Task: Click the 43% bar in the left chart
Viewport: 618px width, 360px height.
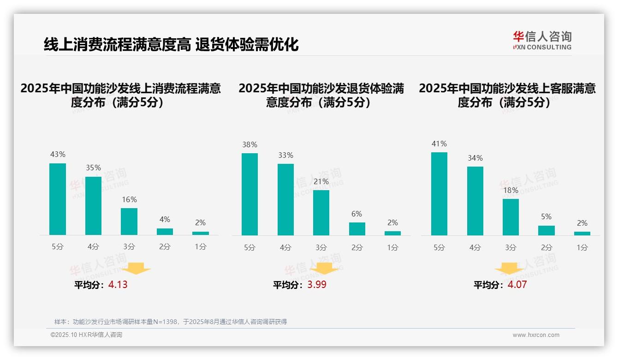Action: pos(58,199)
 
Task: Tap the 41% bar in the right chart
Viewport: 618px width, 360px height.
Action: pos(439,194)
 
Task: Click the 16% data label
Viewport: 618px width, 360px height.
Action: pos(129,200)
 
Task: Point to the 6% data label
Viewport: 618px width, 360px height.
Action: pos(357,214)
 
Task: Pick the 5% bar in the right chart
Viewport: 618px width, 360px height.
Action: pos(547,230)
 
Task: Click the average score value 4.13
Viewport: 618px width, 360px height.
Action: pos(118,285)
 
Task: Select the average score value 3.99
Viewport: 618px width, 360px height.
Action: pos(317,285)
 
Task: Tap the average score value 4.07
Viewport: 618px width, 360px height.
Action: pos(517,285)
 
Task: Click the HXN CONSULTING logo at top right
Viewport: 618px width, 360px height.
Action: pos(542,41)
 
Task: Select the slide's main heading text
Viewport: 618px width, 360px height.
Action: pos(171,45)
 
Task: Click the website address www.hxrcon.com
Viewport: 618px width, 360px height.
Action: pos(536,335)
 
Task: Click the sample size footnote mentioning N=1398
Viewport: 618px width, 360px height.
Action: pos(171,322)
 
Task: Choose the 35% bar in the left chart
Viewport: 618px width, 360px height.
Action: pos(93,205)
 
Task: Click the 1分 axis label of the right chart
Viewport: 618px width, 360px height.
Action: pos(582,247)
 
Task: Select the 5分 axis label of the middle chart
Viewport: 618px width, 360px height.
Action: pos(250,247)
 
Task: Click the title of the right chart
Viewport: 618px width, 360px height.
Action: pos(507,95)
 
